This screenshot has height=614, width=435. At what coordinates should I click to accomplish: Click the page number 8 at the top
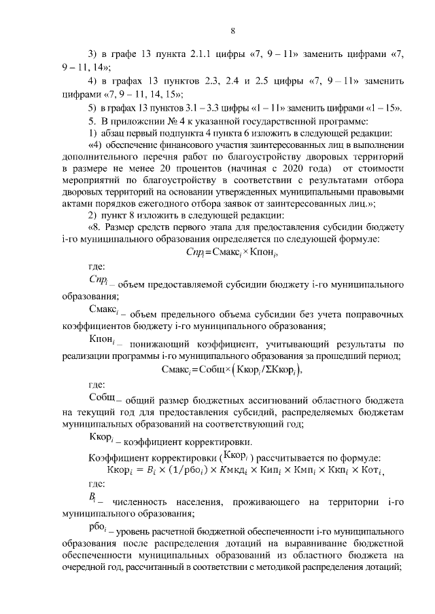pos(232,31)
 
